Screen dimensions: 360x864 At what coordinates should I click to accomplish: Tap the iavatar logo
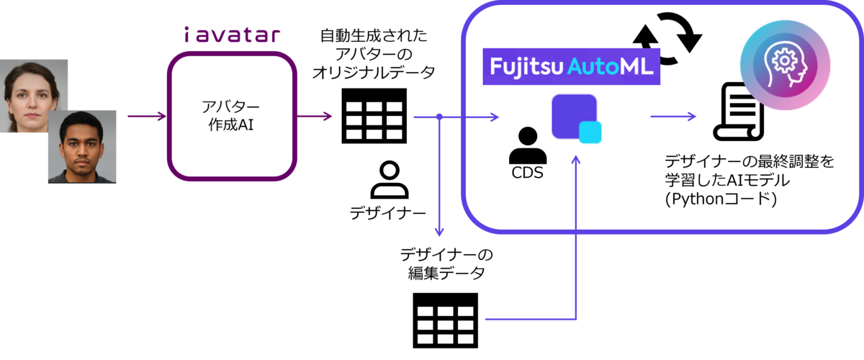coord(231,34)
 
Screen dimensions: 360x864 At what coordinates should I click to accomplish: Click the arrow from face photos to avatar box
coord(147,116)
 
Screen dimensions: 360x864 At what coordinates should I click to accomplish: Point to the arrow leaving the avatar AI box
coord(314,116)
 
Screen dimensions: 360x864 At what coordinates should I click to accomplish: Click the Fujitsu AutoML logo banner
coord(572,67)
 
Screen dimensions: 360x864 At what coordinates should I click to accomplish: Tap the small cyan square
coord(590,132)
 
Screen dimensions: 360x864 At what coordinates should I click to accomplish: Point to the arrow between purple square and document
coord(673,116)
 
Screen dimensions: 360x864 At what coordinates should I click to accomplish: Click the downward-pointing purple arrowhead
coord(438,231)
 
